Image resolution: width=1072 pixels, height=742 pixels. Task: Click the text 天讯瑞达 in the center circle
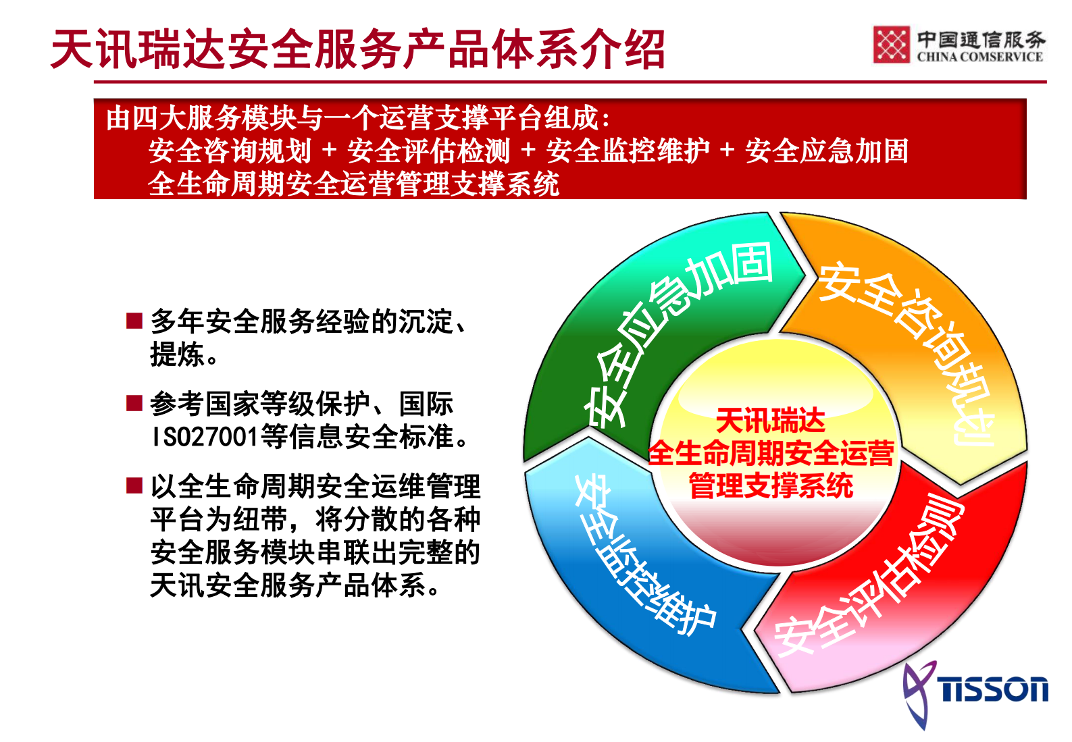[770, 421]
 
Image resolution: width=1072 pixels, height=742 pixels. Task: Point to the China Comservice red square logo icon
[891, 45]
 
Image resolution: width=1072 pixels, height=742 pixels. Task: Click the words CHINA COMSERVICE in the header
[979, 57]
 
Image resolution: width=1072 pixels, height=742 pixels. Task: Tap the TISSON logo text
[994, 690]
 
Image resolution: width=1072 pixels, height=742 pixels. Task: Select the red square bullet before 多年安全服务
[134, 320]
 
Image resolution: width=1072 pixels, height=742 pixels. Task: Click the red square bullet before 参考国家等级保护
[134, 403]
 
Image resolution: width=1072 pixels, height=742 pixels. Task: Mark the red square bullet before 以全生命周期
[134, 485]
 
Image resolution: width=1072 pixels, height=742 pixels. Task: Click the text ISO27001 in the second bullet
[205, 437]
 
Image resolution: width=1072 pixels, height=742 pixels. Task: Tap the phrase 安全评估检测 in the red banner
[428, 151]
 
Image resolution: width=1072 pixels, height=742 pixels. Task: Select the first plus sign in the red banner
[329, 150]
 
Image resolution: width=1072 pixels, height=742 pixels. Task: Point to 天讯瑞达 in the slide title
[138, 49]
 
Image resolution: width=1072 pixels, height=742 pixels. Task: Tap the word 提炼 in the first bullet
[177, 354]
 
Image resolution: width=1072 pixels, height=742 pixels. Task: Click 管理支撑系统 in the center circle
[770, 485]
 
